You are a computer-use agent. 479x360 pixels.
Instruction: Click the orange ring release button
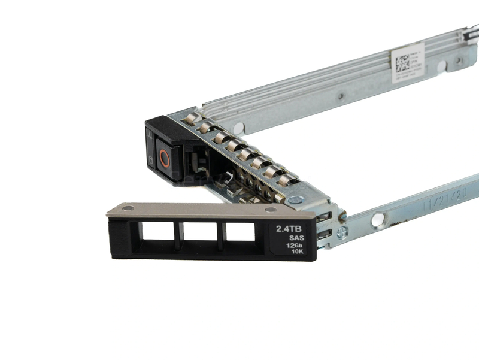pyautogui.click(x=165, y=159)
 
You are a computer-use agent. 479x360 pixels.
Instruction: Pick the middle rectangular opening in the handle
pyautogui.click(x=200, y=232)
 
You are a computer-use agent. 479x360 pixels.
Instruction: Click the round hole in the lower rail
pyautogui.click(x=377, y=220)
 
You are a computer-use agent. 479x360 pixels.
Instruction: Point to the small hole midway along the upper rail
pyautogui.click(x=340, y=96)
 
